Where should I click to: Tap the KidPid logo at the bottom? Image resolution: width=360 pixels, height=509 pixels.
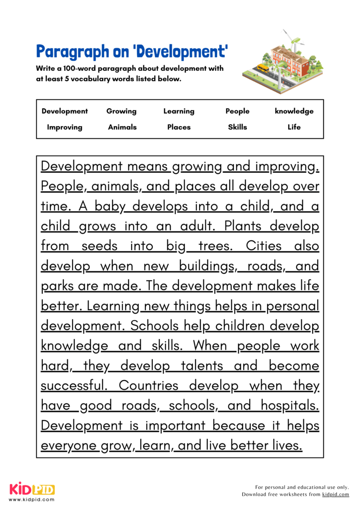coord(32,489)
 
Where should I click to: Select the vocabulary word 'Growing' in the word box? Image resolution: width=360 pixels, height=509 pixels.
coord(121,111)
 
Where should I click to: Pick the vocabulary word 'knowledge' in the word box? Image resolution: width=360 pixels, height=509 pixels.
coord(294,111)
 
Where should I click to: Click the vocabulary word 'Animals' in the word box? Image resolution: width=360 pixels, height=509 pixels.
coord(122,127)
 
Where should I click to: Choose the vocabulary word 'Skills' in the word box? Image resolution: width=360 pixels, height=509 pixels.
coord(237,127)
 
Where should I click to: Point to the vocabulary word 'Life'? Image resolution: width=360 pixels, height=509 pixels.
coord(294,127)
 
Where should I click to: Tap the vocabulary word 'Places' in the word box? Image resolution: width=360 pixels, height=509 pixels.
coord(179,127)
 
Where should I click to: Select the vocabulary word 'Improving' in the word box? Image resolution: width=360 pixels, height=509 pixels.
coord(65,127)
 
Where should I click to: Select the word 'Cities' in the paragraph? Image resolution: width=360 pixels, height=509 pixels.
coord(264,246)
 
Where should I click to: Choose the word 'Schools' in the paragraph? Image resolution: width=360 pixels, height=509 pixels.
coord(154,325)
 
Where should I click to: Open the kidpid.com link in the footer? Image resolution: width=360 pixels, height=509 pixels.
coord(336,494)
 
